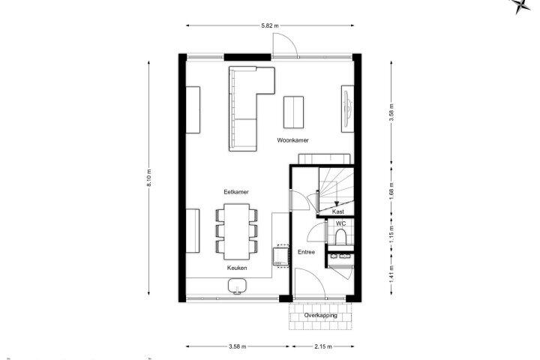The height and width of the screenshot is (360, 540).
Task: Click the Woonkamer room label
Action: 292,140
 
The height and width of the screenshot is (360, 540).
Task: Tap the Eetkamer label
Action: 236,192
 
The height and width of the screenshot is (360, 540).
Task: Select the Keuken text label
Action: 237,268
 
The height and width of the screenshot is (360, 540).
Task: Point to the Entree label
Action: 306,252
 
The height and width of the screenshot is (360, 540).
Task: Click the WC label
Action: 340,223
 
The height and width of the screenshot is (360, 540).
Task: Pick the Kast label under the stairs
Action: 337,211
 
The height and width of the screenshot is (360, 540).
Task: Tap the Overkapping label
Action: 321,315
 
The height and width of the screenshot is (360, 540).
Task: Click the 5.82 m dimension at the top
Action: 270,25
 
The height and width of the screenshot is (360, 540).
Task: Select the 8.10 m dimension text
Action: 149,178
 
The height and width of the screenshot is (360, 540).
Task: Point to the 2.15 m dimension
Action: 323,346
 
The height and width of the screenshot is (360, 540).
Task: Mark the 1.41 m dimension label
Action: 391,274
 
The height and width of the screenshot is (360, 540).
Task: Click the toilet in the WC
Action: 340,237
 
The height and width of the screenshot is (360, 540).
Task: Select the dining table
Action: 236,232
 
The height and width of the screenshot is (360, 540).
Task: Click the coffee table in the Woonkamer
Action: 293,112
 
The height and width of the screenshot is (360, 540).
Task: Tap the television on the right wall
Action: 347,109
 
